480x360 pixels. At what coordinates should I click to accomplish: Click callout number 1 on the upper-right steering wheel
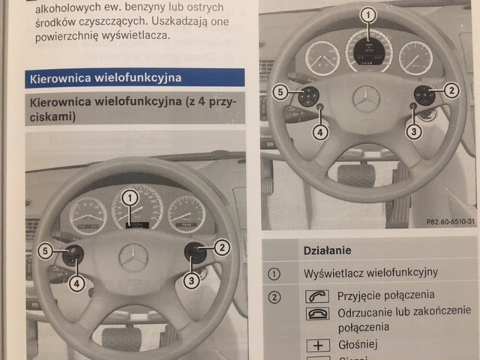367,14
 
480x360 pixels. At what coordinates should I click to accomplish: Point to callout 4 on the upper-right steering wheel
320,133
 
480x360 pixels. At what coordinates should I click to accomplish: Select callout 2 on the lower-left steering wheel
222,245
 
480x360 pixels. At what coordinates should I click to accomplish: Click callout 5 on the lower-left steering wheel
46,252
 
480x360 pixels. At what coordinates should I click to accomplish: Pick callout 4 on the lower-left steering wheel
77,283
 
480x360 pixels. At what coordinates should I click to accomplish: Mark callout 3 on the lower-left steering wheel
192,281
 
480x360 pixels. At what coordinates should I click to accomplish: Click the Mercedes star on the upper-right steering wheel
366,99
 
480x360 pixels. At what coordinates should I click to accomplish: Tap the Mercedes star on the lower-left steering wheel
133,257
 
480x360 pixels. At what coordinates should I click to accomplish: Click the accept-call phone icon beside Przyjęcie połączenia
317,296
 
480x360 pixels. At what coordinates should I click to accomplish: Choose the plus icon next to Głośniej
317,345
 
